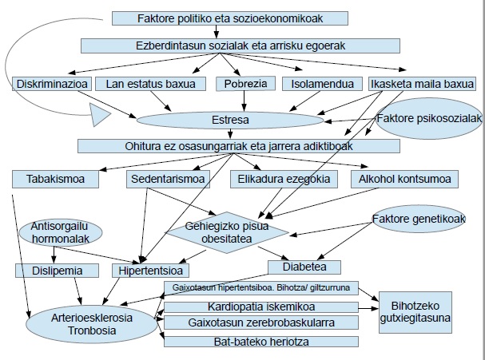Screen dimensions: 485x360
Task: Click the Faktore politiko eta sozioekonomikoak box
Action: pyautogui.click(x=230, y=18)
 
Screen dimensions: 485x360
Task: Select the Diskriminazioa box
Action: pyautogui.click(x=52, y=84)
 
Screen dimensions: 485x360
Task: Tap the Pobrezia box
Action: pyautogui.click(x=245, y=84)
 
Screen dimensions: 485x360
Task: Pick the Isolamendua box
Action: pyautogui.click(x=322, y=84)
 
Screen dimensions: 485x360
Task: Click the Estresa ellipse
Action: pyautogui.click(x=230, y=120)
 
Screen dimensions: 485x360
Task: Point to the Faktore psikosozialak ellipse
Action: pyautogui.click(x=429, y=119)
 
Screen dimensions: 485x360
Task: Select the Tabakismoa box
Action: pyautogui.click(x=55, y=179)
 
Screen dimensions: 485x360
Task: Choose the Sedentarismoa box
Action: pyautogui.click(x=168, y=179)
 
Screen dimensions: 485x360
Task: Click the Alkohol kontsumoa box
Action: pyautogui.click(x=404, y=179)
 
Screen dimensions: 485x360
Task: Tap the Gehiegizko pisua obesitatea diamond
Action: pyautogui.click(x=227, y=232)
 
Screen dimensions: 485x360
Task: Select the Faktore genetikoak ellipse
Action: pyautogui.click(x=419, y=219)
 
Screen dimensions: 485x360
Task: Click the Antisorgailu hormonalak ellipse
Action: pyautogui.click(x=61, y=232)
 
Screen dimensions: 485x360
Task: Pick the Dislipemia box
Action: pyautogui.click(x=58, y=271)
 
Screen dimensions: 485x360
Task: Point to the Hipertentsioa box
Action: pyautogui.click(x=151, y=271)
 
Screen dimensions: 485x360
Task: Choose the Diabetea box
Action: pyautogui.click(x=304, y=267)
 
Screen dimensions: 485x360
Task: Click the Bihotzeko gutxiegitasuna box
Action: pyautogui.click(x=415, y=312)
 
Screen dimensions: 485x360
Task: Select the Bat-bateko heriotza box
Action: pyautogui.click(x=261, y=342)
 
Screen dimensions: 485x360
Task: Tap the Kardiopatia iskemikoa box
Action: pyautogui.click(x=261, y=307)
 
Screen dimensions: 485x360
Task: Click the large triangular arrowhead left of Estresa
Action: pyautogui.click(x=100, y=115)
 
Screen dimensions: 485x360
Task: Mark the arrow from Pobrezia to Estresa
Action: pyautogui.click(x=244, y=101)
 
